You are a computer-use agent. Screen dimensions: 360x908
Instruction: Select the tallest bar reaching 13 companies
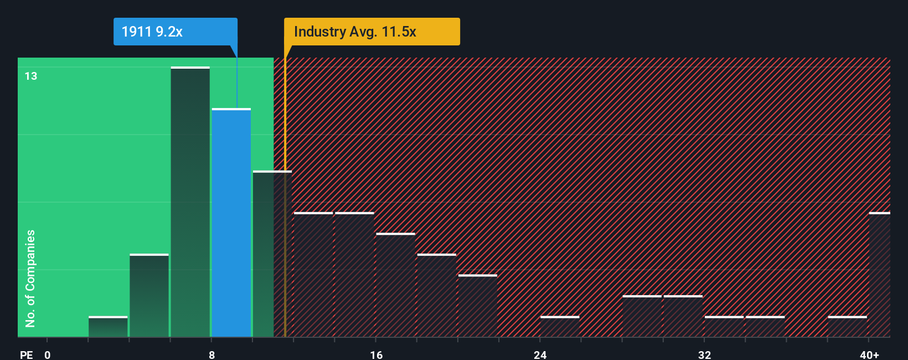[x=190, y=202]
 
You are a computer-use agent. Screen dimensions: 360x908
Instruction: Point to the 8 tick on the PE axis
[x=211, y=354]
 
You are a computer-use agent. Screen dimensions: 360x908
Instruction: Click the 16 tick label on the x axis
[x=376, y=354]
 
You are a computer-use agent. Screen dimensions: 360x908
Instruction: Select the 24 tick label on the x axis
[x=540, y=354]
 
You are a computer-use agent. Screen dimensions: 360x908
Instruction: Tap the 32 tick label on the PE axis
[x=704, y=354]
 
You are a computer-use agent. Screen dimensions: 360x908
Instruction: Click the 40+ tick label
[x=869, y=354]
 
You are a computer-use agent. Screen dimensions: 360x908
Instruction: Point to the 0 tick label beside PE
[x=48, y=354]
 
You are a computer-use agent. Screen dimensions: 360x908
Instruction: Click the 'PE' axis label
[x=27, y=354]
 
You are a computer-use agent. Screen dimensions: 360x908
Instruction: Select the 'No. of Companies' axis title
[x=30, y=278]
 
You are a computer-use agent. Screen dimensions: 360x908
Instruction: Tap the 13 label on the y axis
[x=31, y=76]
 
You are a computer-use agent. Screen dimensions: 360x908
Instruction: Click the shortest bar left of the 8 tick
[x=108, y=327]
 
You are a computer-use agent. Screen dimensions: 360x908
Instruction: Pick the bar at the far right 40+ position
[x=879, y=275]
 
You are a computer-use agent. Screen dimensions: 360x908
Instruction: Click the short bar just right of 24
[x=560, y=327]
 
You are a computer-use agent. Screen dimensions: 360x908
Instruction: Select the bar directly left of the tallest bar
[x=149, y=295]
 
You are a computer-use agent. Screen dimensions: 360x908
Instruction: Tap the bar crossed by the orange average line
[x=272, y=254]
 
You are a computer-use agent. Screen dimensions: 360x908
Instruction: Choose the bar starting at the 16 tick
[x=395, y=285]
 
